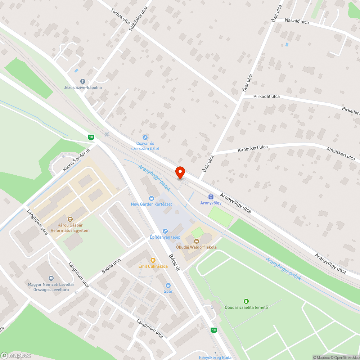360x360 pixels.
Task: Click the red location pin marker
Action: click(x=180, y=172)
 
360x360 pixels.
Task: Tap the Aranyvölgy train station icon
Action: click(x=211, y=197)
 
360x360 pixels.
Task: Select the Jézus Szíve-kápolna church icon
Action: click(x=82, y=81)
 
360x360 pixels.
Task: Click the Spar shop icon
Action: click(x=168, y=285)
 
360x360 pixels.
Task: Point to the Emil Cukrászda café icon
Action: click(x=153, y=260)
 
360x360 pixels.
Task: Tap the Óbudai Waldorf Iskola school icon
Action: click(x=197, y=241)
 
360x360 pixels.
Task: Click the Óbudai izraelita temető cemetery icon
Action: click(x=246, y=301)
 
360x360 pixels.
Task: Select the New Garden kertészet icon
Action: click(x=151, y=198)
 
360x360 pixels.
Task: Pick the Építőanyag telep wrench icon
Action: click(x=165, y=231)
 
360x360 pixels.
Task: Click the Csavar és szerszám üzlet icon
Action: click(x=145, y=137)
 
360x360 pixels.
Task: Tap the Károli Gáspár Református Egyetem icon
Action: click(x=70, y=219)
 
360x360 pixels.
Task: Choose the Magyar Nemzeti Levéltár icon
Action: click(x=51, y=278)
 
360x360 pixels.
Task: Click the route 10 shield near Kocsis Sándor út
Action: click(x=91, y=137)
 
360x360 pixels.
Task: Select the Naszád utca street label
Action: click(x=297, y=22)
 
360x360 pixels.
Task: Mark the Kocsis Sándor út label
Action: click(x=76, y=159)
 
